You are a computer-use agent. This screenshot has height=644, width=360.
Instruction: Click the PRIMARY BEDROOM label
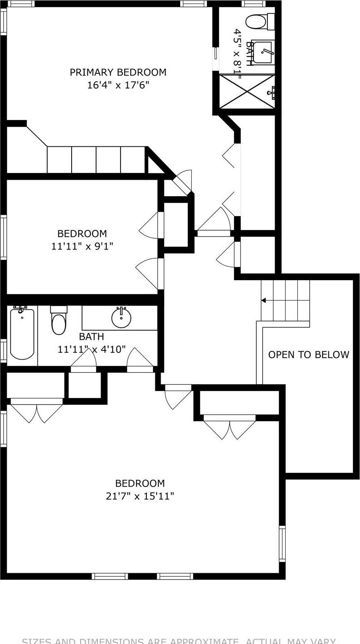(118, 72)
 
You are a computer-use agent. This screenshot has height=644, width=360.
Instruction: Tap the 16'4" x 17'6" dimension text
(118, 85)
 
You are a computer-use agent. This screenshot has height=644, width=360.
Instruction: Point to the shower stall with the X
(247, 92)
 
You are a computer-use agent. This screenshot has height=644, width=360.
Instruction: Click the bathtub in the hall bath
(22, 334)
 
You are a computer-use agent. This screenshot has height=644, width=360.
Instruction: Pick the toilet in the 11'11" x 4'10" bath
(59, 321)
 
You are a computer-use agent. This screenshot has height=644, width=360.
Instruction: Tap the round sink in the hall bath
(121, 318)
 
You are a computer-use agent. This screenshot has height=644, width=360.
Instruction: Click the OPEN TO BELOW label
(308, 354)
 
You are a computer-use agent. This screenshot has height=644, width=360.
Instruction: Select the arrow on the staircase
(263, 301)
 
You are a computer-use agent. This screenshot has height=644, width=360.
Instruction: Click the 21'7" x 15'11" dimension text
(140, 496)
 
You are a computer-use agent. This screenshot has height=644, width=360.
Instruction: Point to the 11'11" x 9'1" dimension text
(82, 246)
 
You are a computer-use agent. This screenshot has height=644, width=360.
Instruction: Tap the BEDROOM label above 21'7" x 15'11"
(140, 483)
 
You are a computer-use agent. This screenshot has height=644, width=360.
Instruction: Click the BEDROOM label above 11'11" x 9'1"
(82, 233)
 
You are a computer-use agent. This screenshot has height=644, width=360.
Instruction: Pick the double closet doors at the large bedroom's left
(36, 410)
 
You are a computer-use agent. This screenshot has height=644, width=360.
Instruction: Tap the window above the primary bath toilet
(253, 4)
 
